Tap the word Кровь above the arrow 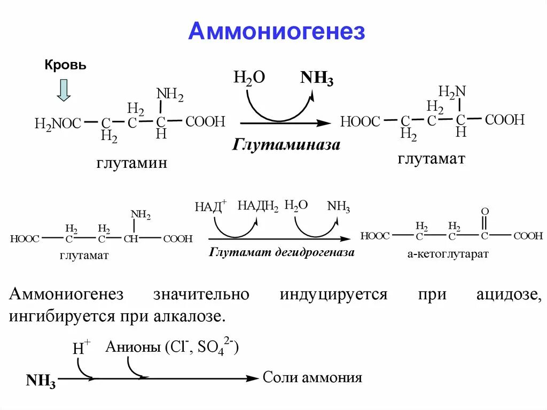click(x=65, y=65)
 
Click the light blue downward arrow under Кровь click(x=64, y=90)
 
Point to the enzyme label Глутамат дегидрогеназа click(x=282, y=252)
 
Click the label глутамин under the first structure click(x=132, y=163)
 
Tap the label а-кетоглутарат click(x=448, y=254)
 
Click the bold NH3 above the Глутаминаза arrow click(x=317, y=79)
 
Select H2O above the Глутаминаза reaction click(x=249, y=78)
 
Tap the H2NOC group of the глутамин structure click(x=58, y=124)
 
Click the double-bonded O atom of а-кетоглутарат click(x=485, y=212)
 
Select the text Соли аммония click(x=312, y=378)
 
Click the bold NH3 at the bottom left click(x=41, y=381)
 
